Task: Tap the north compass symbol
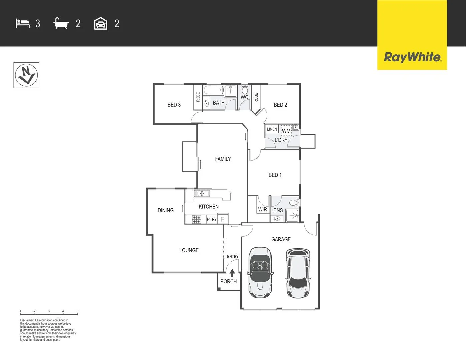point(26,75)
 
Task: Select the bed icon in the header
point(23,23)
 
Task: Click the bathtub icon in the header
point(61,23)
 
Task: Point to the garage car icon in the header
point(101,24)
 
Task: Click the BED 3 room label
point(174,105)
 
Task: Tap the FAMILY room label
point(223,159)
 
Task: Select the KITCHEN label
point(209,207)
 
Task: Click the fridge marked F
point(223,219)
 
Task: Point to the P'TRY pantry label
point(212,219)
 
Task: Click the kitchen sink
point(202,193)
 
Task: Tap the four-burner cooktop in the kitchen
point(196,219)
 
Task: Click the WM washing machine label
point(286,131)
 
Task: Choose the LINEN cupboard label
point(272,129)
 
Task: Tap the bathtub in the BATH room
point(213,90)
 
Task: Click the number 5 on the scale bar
point(77,311)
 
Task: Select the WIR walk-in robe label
point(262,210)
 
